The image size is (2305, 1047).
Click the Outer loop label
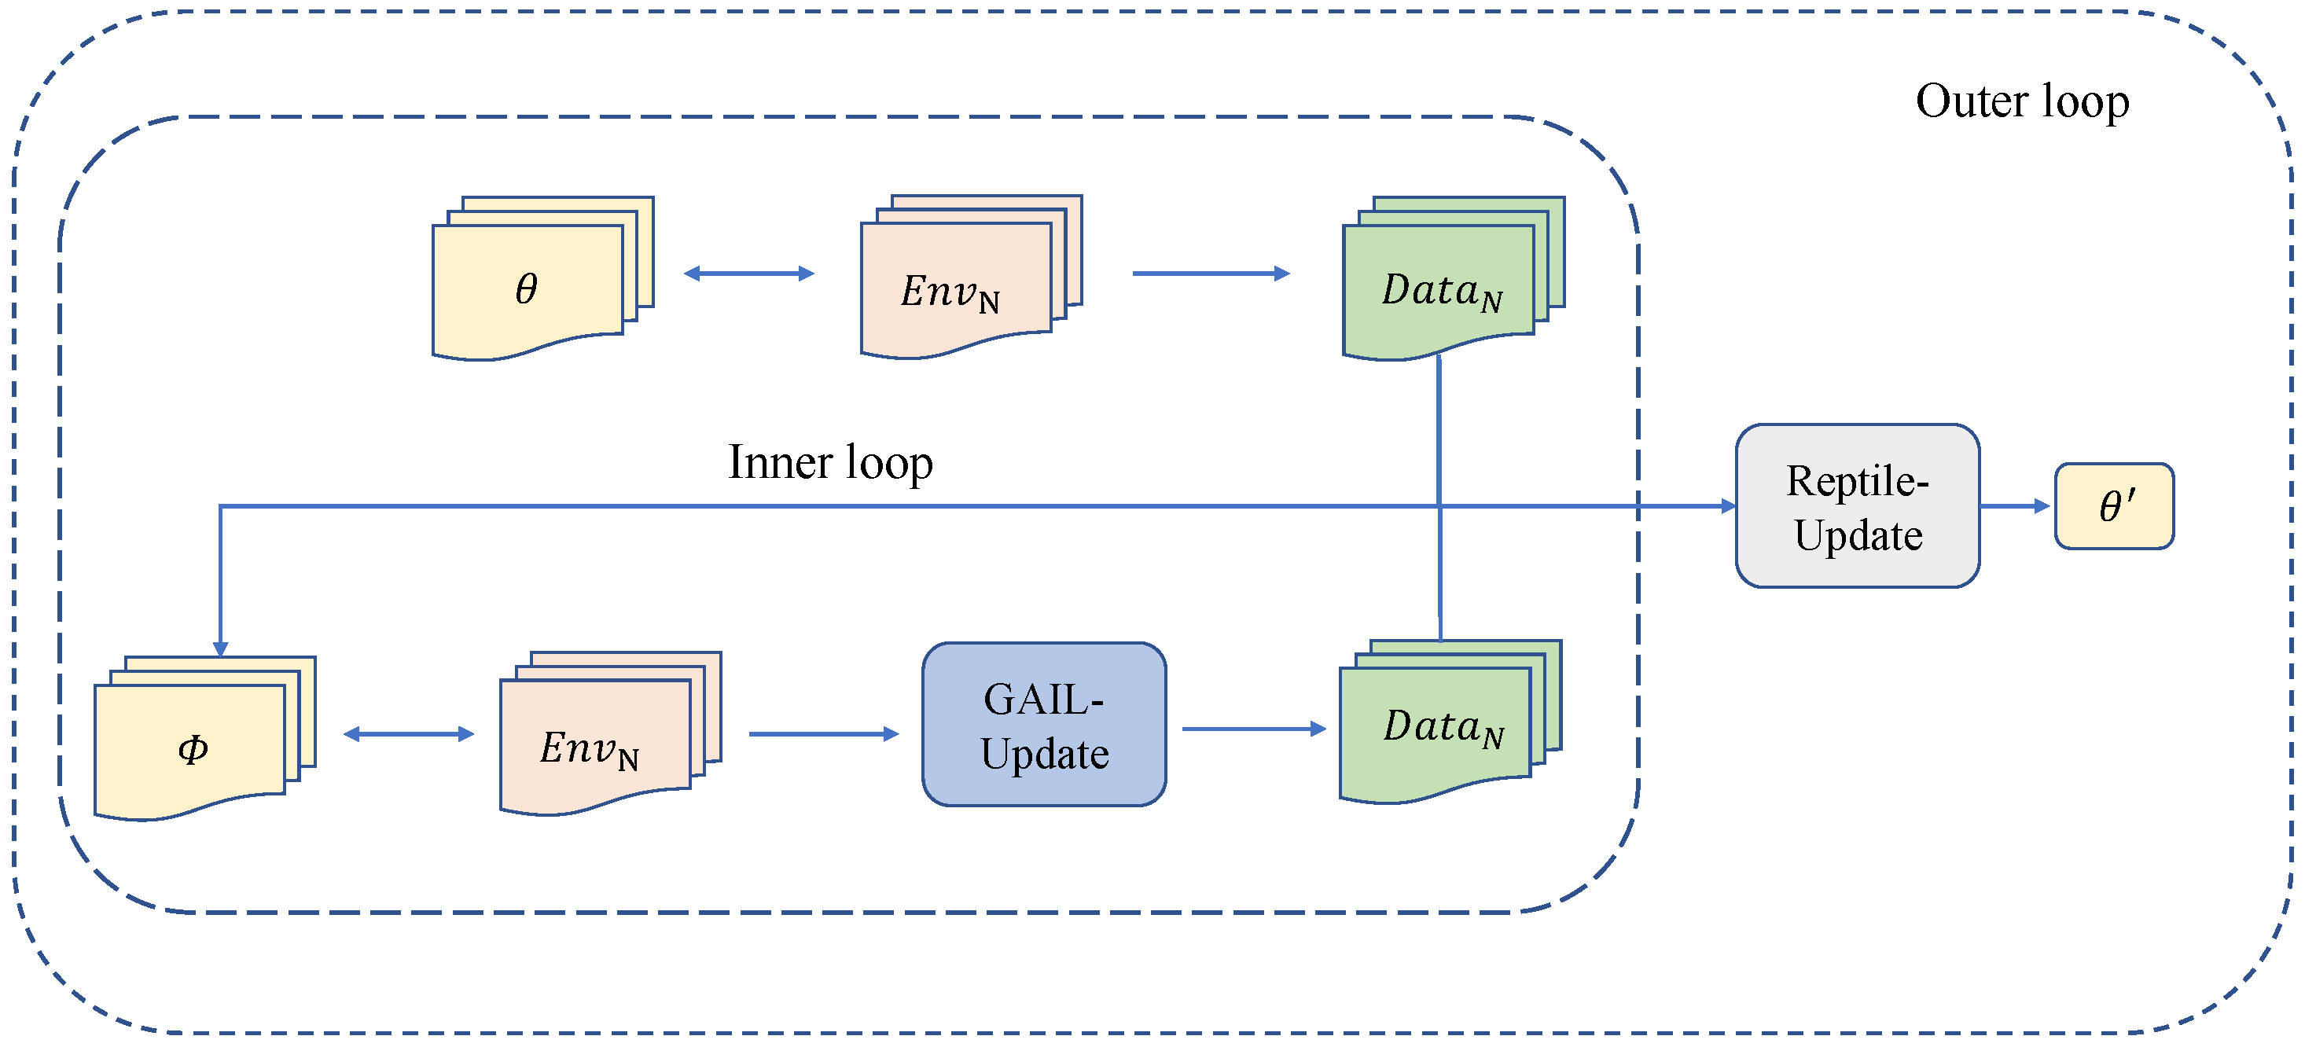(2021, 101)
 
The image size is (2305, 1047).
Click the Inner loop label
(829, 463)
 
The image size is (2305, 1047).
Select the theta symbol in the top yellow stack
(526, 288)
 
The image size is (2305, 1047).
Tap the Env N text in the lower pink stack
(589, 749)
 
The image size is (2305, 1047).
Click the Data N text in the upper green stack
(1440, 292)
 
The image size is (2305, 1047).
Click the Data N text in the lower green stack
(1443, 726)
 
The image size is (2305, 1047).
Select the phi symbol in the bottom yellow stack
(193, 749)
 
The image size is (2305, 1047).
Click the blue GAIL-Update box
(1043, 724)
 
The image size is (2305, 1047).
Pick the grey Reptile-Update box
(1857, 505)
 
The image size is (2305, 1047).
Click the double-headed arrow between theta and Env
(748, 273)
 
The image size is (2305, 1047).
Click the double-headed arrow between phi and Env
(408, 734)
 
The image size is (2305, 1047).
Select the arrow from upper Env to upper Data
(1210, 273)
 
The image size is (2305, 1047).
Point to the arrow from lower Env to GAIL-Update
(822, 734)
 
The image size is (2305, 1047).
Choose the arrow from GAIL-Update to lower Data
(1252, 729)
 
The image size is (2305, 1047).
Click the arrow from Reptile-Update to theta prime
(2014, 505)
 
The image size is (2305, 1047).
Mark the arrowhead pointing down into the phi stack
(220, 648)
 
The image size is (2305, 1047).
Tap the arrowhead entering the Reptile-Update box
(1728, 505)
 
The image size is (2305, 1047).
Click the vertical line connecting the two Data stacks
(1439, 429)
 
